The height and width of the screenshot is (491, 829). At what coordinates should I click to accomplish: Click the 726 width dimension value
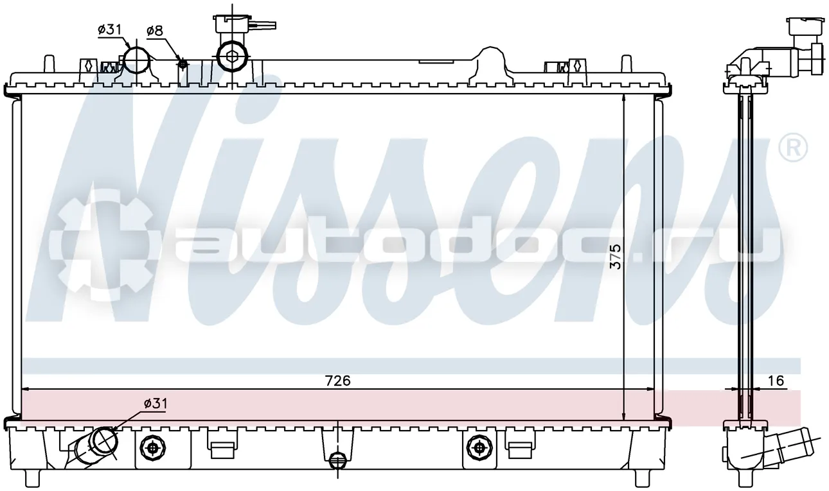coord(337,381)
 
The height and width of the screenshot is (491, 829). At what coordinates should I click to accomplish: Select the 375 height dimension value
coord(615,256)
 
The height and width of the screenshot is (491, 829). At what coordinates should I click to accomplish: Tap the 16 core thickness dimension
coord(775,381)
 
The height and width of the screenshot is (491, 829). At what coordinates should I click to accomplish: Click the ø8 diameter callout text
coord(155,31)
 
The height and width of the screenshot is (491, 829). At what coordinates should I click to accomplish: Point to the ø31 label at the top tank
coord(109,30)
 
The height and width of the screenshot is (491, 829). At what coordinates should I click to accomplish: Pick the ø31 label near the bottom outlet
coord(156,403)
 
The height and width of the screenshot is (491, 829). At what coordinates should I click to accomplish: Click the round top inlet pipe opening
coord(137,60)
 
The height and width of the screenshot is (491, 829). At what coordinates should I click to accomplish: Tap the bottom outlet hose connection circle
coord(105,440)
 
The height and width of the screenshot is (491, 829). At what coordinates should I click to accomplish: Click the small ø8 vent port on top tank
coord(183,64)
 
